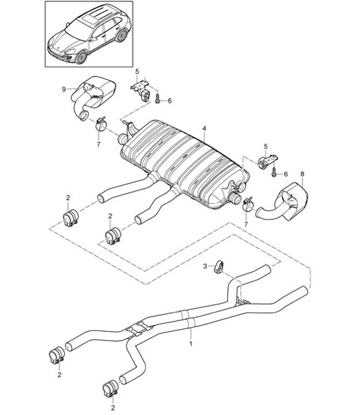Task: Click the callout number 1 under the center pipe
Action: (191, 344)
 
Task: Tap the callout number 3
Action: (205, 266)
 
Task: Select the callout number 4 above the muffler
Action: (204, 128)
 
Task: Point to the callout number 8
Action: (302, 175)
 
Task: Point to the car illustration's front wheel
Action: (81, 57)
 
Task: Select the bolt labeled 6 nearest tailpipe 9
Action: (159, 100)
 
